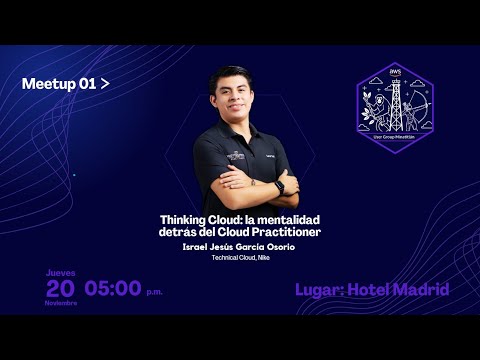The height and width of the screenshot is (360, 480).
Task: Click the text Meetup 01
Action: tap(59, 85)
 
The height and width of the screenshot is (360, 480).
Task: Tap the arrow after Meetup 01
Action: tap(105, 85)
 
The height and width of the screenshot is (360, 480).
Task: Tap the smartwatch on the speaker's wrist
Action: tap(279, 187)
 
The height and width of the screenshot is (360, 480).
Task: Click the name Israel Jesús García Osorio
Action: tap(240, 246)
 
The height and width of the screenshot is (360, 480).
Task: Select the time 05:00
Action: tap(112, 289)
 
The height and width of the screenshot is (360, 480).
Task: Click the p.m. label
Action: tap(154, 293)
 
